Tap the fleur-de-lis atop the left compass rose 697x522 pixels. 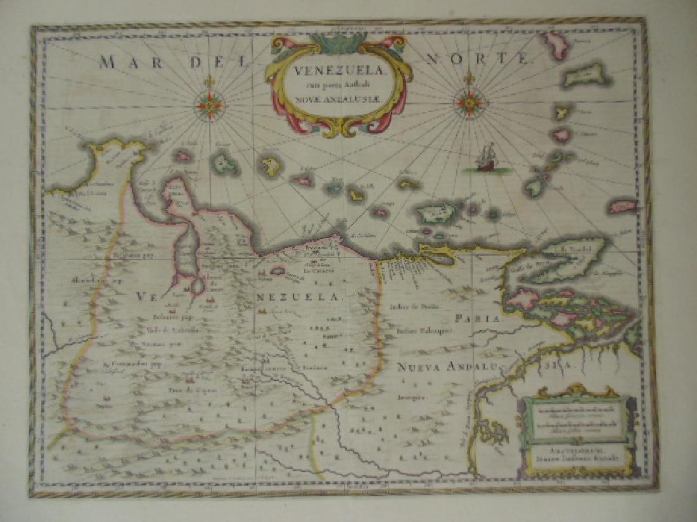tap(208, 82)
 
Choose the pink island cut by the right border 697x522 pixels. tap(622, 206)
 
